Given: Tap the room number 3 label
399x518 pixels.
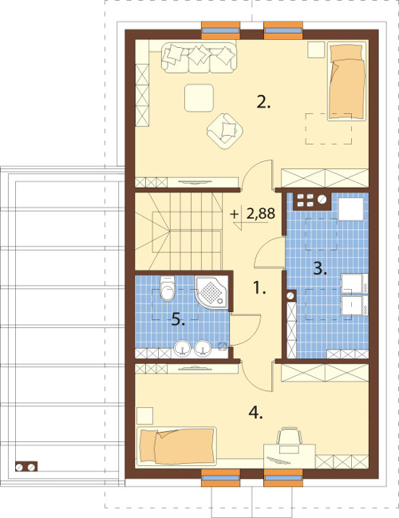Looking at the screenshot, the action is [x=320, y=269].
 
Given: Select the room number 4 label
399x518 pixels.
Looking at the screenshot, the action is [x=255, y=413].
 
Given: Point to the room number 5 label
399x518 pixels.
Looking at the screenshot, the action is [x=178, y=319].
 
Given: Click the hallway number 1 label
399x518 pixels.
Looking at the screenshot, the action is [x=259, y=288].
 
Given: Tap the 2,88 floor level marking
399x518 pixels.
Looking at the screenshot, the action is [x=261, y=214].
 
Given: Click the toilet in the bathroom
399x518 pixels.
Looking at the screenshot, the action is [x=168, y=288].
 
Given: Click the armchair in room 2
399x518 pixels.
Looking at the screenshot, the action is [x=224, y=131].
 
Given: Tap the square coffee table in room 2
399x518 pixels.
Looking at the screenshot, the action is [x=199, y=98].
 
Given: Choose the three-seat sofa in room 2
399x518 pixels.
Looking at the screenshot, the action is [x=199, y=57].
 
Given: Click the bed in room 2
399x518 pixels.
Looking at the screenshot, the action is [x=347, y=81].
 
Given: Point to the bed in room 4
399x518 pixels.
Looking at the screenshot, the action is [x=176, y=446].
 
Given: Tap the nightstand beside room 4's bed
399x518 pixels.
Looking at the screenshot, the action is [x=144, y=416].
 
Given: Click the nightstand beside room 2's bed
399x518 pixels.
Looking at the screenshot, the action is [x=316, y=49].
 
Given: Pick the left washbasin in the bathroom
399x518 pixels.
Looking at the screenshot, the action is [x=182, y=349].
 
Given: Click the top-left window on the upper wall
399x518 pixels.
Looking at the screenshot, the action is [x=220, y=30].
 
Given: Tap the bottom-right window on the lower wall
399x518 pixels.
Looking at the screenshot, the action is [x=283, y=478].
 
